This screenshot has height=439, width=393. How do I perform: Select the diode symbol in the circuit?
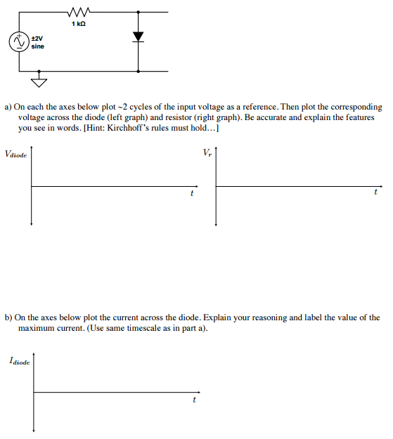pos(138,36)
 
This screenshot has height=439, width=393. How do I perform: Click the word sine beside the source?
pos(37,46)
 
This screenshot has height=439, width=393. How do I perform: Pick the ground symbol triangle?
pos(39,84)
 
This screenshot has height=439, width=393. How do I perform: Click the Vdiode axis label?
pos(15,154)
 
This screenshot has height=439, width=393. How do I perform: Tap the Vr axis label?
pos(206,152)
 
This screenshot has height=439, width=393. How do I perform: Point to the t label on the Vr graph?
pos(376,191)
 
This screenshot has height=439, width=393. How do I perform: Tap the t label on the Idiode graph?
pos(194,401)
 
